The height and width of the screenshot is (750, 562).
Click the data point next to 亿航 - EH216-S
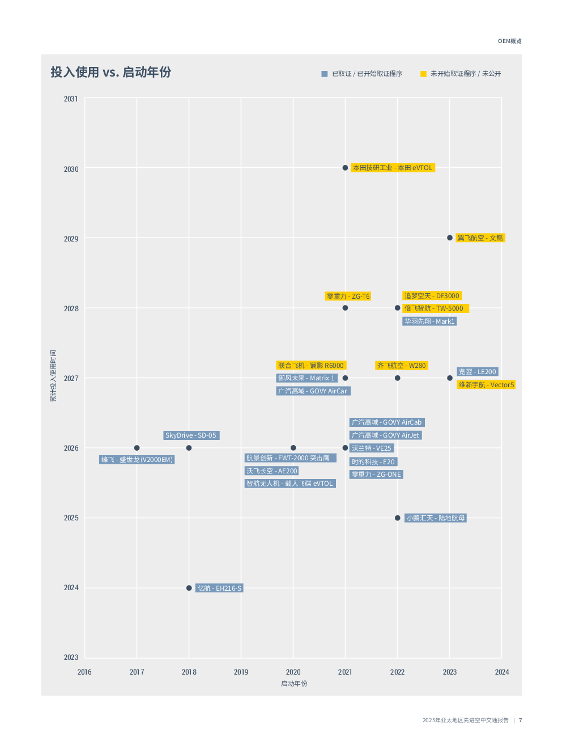pos(189,588)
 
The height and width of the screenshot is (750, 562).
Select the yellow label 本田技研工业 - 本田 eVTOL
pos(393,168)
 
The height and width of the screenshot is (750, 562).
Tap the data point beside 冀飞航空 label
pos(450,238)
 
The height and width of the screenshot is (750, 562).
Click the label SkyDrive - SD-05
pos(191,435)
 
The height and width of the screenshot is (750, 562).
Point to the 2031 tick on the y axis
pos(71,99)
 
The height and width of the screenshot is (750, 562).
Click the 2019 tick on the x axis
pos(241,672)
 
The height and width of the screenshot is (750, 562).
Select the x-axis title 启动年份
pos(294,684)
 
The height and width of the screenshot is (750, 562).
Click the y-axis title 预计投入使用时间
pos(53,376)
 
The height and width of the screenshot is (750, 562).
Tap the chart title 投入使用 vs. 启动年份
pos(111,73)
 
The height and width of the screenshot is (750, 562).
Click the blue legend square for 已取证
pos(325,74)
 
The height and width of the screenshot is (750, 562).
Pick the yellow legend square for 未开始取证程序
pos(423,74)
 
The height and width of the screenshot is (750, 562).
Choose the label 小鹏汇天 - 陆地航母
pos(436,518)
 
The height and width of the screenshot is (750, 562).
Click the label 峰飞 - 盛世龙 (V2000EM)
pos(137,460)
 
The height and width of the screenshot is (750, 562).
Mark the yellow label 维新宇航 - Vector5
pos(486,385)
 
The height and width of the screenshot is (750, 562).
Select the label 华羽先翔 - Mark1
pos(429,321)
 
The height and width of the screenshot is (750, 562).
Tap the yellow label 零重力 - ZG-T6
pos(348,296)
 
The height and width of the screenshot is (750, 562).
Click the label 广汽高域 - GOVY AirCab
pos(386,422)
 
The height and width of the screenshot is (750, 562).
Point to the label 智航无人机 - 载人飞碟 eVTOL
pos(290,484)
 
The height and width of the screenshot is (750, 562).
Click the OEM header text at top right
pos(509,41)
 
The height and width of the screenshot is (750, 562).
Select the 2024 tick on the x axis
pos(501,672)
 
